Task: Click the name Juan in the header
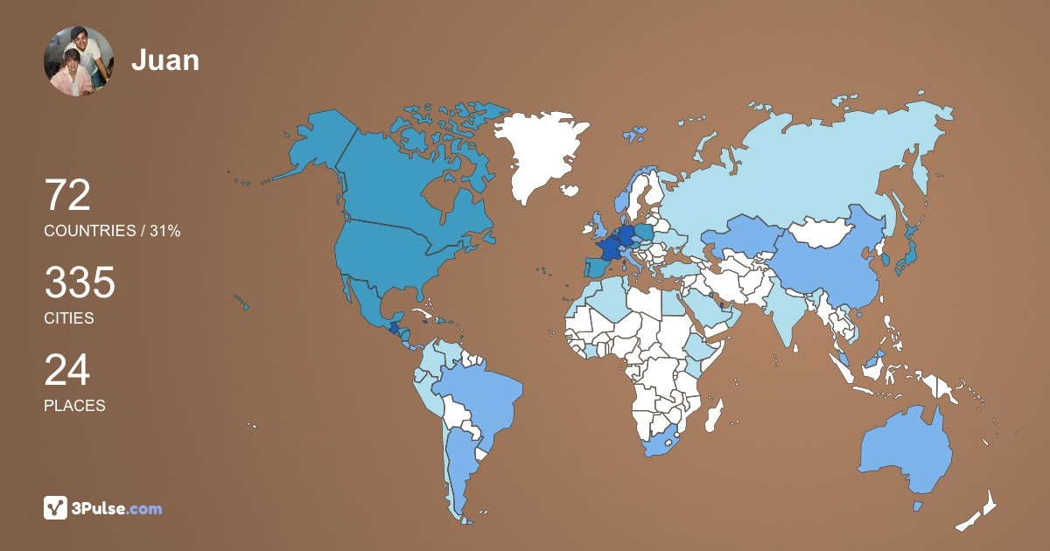(x=165, y=60)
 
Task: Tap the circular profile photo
(x=79, y=61)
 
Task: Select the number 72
(x=67, y=196)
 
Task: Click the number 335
(x=80, y=284)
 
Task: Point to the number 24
(x=67, y=371)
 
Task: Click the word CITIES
(x=69, y=318)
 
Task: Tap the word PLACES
(x=74, y=406)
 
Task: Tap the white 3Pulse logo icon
(x=56, y=508)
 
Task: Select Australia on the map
(x=906, y=450)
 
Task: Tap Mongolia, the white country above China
(x=822, y=232)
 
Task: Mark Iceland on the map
(x=570, y=190)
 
